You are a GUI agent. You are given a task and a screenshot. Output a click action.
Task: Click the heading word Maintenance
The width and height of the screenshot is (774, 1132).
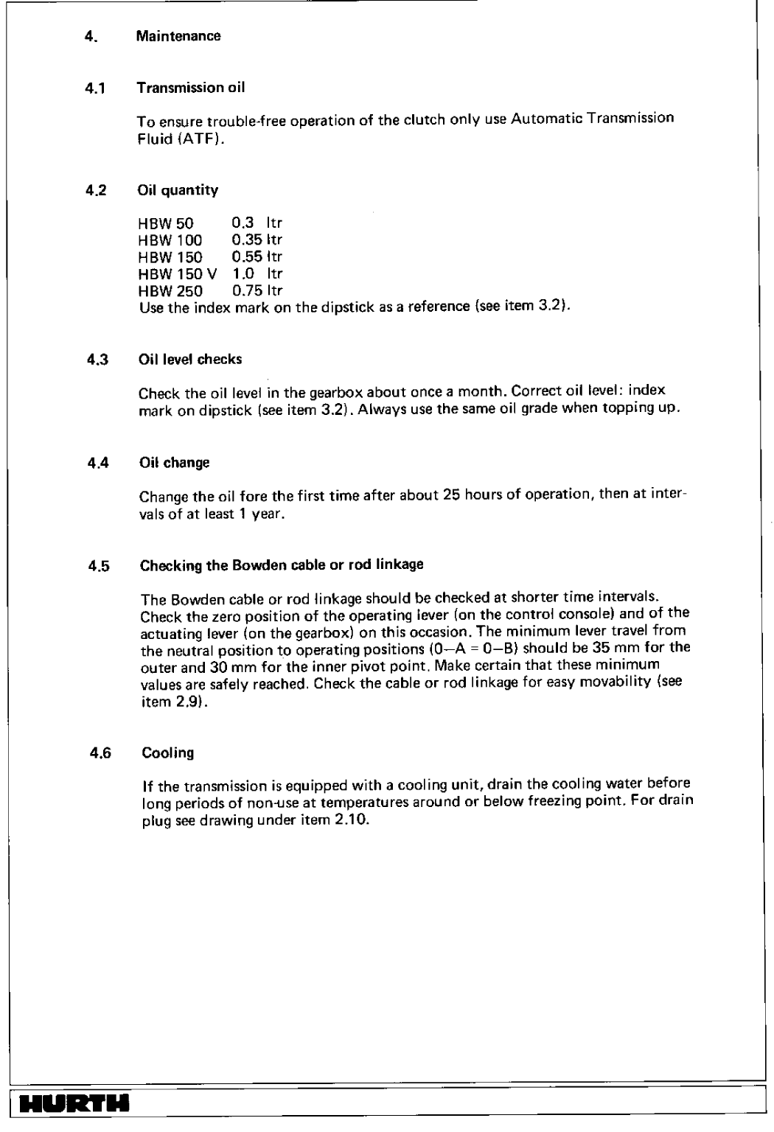click(x=179, y=36)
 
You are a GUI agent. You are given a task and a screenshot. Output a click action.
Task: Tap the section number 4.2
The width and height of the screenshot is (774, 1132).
click(x=97, y=190)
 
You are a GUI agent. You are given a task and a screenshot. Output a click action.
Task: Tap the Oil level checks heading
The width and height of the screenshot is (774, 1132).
click(x=190, y=360)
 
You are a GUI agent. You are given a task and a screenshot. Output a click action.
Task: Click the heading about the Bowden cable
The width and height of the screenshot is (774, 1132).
click(x=281, y=565)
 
